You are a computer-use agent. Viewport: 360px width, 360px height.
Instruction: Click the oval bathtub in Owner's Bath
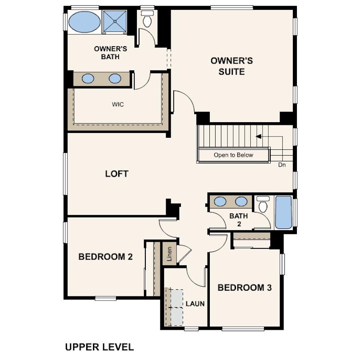(x=84, y=22)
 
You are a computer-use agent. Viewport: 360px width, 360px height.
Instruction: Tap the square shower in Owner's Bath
(x=115, y=21)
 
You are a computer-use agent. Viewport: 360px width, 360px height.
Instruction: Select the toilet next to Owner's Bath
(x=147, y=19)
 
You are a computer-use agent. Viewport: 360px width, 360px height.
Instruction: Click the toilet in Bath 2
(x=263, y=204)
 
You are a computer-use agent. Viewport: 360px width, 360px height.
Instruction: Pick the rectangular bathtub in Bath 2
(x=284, y=212)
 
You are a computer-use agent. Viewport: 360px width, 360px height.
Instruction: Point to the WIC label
(x=118, y=104)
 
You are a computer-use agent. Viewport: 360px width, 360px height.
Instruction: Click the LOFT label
(x=116, y=174)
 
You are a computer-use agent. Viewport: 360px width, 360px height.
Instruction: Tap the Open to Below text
(x=233, y=155)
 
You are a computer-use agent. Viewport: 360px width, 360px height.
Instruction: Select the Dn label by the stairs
(x=282, y=165)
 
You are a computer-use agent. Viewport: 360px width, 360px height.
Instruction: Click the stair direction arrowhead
(x=259, y=136)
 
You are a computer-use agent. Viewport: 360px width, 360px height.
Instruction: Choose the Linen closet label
(x=169, y=254)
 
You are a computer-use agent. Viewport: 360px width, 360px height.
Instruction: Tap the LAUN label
(x=195, y=304)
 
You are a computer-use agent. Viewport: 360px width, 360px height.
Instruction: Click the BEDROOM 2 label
(x=106, y=257)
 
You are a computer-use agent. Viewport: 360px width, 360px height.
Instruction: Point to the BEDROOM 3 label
(x=245, y=288)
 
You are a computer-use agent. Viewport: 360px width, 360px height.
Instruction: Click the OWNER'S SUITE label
(x=232, y=66)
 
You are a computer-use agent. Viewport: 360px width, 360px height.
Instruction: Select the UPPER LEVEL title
(x=100, y=347)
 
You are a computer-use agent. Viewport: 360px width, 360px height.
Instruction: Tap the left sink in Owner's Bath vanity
(x=88, y=79)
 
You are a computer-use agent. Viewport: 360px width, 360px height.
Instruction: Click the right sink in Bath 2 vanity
(x=241, y=202)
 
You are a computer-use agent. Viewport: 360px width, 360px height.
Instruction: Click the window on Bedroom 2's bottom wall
(x=105, y=298)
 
